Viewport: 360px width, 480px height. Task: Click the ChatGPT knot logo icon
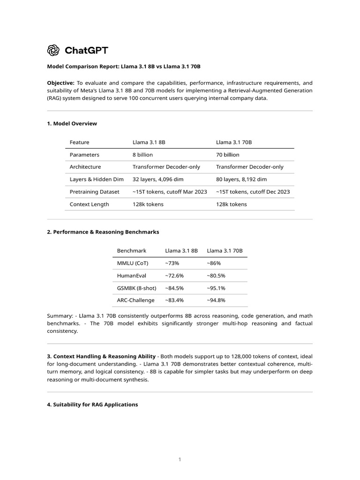click(x=53, y=50)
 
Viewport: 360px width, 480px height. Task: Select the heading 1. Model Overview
click(x=72, y=123)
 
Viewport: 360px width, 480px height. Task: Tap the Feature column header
click(x=79, y=142)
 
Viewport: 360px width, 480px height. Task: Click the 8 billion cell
click(x=142, y=154)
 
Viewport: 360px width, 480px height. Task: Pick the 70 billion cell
click(x=227, y=154)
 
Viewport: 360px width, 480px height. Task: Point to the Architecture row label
click(x=85, y=167)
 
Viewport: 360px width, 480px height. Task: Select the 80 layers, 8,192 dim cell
click(x=241, y=179)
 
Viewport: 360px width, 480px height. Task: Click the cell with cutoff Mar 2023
click(x=170, y=192)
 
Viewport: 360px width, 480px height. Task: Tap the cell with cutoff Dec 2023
click(x=253, y=192)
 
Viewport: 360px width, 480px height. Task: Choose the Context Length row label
click(x=89, y=204)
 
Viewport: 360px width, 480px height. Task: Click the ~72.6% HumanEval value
click(x=174, y=276)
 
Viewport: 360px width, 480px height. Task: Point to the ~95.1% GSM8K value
click(x=216, y=288)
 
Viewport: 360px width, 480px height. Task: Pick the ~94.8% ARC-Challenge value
click(x=216, y=300)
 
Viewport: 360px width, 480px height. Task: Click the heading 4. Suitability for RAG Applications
click(x=92, y=404)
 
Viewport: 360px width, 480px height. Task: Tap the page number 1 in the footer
click(x=180, y=460)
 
